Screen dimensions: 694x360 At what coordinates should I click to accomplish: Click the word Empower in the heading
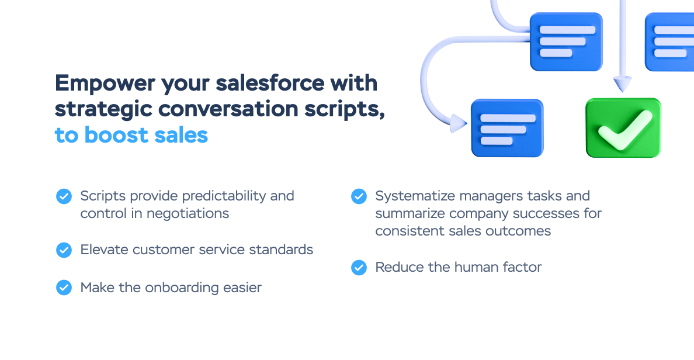click(x=105, y=83)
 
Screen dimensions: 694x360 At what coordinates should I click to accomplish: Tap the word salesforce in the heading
click(x=270, y=83)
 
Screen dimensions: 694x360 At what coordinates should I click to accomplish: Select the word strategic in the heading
click(x=103, y=109)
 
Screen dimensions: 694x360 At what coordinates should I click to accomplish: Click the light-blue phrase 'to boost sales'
click(x=131, y=135)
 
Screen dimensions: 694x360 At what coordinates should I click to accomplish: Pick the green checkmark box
click(x=623, y=127)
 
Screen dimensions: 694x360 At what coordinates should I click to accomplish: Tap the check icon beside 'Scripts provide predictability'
click(x=64, y=196)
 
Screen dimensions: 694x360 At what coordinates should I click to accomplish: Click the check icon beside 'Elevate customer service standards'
click(x=64, y=250)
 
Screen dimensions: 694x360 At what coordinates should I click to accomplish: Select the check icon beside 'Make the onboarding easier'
click(x=64, y=288)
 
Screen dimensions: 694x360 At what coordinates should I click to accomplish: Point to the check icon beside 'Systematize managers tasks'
click(x=359, y=196)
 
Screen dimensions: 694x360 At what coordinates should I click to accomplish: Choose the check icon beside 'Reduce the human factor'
click(x=359, y=268)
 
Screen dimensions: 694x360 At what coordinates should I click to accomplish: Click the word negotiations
click(x=188, y=214)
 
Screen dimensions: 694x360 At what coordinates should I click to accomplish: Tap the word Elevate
click(x=105, y=250)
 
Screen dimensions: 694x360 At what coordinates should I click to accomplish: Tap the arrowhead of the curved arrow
click(x=459, y=123)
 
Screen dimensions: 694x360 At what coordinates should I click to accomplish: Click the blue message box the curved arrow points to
click(x=507, y=128)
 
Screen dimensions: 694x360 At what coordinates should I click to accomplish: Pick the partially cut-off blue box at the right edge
click(x=669, y=42)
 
